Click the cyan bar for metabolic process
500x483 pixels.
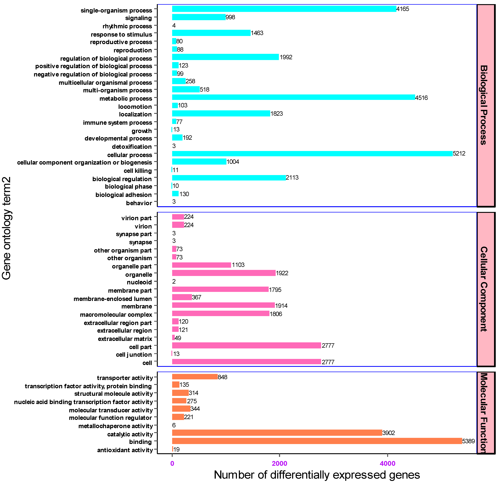[293, 97]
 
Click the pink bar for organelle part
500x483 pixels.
[202, 265]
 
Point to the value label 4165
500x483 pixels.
[403, 9]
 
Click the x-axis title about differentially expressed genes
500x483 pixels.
[317, 475]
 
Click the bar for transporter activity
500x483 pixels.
[195, 377]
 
